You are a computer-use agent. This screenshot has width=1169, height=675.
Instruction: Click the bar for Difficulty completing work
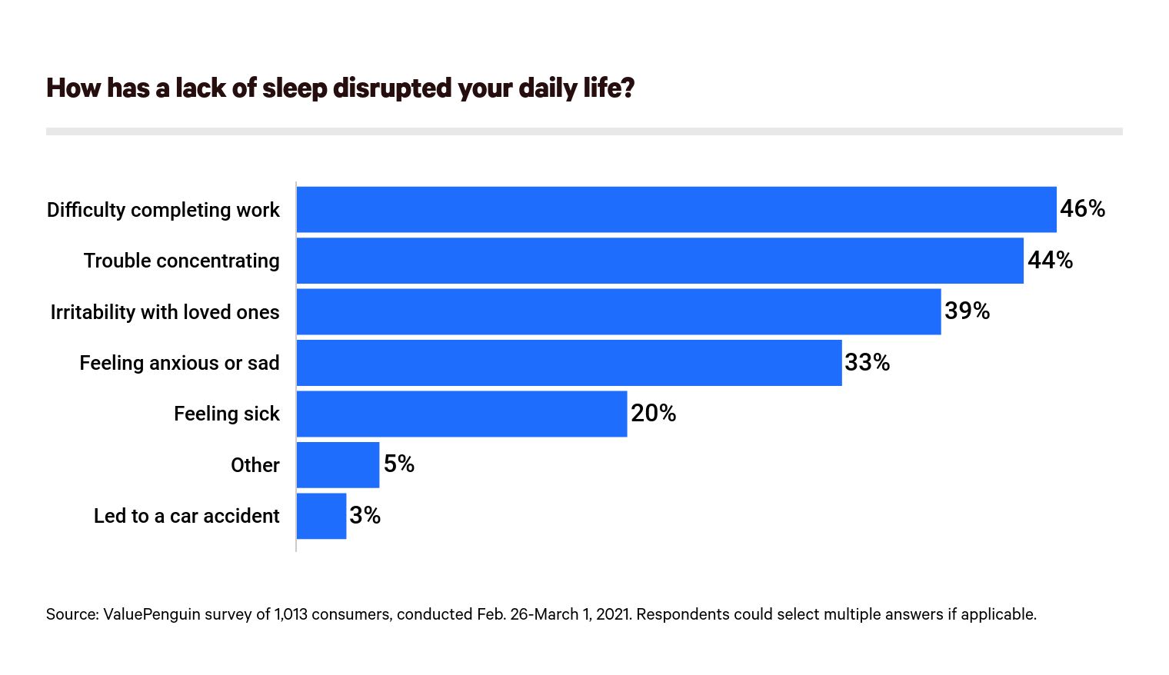[676, 209]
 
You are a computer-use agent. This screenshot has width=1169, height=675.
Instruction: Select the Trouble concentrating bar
[660, 261]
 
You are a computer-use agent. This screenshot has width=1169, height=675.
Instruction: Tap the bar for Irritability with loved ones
[618, 311]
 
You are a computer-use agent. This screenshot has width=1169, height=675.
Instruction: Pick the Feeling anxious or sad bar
[569, 363]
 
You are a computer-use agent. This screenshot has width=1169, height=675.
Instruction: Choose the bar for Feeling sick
[461, 414]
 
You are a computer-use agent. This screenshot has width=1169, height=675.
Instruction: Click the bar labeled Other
[338, 464]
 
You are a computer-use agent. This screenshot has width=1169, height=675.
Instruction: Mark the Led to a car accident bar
[321, 516]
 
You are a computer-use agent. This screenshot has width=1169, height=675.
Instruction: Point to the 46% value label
[1082, 208]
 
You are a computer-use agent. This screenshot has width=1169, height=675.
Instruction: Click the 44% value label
[1050, 260]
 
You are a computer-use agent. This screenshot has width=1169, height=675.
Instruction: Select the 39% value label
[967, 311]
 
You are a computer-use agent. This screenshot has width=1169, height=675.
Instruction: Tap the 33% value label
[867, 362]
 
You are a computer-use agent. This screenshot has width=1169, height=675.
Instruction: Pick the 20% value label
[653, 413]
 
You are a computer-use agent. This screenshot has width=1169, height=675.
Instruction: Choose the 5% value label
[399, 464]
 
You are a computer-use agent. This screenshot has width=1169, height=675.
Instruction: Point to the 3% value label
[365, 515]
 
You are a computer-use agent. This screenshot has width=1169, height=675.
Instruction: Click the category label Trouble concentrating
[182, 261]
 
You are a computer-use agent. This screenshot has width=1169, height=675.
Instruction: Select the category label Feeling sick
[226, 414]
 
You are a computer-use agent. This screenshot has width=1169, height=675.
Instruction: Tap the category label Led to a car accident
[186, 516]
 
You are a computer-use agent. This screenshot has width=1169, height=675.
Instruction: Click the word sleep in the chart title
[295, 88]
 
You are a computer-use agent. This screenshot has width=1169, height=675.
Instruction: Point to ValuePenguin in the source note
[145, 614]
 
